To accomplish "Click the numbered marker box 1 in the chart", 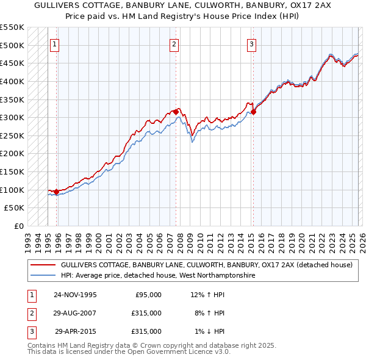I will [55, 43].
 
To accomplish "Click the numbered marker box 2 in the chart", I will [174, 43].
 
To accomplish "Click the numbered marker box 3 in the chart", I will [251, 43].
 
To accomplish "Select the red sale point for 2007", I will [176, 112].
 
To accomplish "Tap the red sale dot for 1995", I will [57, 192].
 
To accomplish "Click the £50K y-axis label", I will [15, 208].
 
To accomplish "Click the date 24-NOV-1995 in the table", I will [75, 295].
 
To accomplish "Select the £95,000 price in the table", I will [146, 295].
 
